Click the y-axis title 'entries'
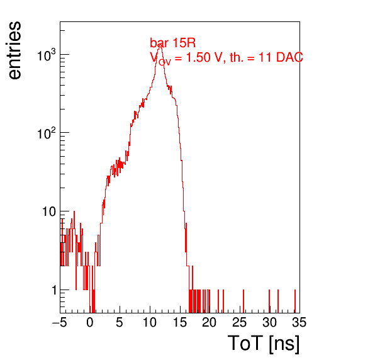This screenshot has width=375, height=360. click(15, 50)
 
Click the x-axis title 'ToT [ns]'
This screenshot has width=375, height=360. click(263, 343)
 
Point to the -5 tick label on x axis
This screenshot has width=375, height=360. click(60, 322)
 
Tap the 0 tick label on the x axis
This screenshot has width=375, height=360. click(90, 322)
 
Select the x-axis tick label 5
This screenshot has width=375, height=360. click(120, 322)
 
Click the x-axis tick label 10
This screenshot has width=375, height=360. click(150, 322)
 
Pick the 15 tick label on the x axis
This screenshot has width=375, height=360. click(179, 322)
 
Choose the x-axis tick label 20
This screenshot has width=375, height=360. click(210, 322)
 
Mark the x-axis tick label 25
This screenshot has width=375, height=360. click(239, 322)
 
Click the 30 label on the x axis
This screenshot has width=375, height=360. click(269, 322)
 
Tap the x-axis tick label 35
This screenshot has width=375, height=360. click(299, 322)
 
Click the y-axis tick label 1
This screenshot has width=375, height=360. click(54, 290)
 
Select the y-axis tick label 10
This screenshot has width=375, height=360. click(49, 211)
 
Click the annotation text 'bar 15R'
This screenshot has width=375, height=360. click(172, 43)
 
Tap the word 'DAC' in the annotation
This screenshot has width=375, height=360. click(289, 57)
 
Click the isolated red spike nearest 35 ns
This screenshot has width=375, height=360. click(295, 301)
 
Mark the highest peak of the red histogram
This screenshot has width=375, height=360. click(160, 45)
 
